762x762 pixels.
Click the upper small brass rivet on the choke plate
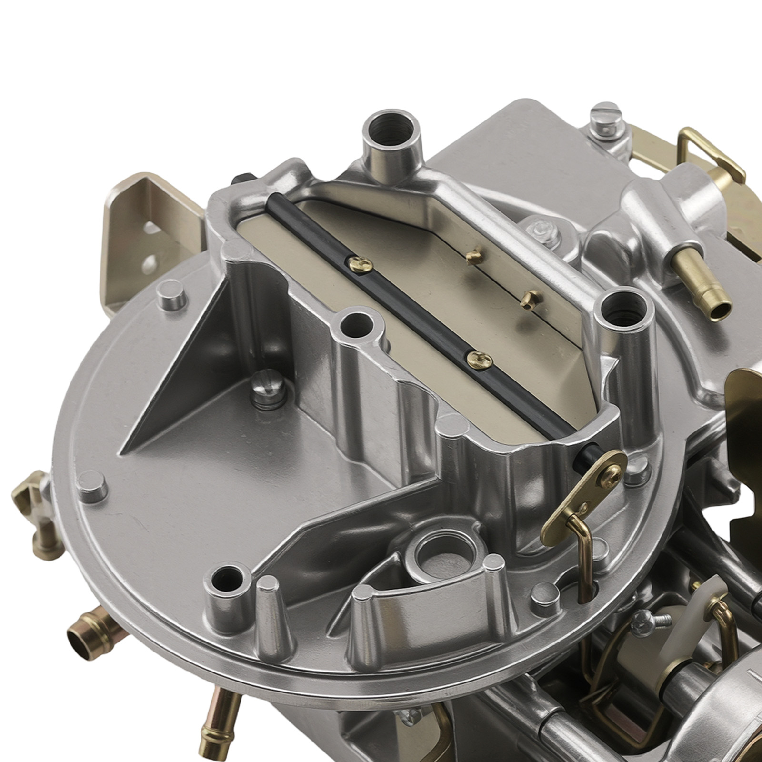(x=473, y=258)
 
